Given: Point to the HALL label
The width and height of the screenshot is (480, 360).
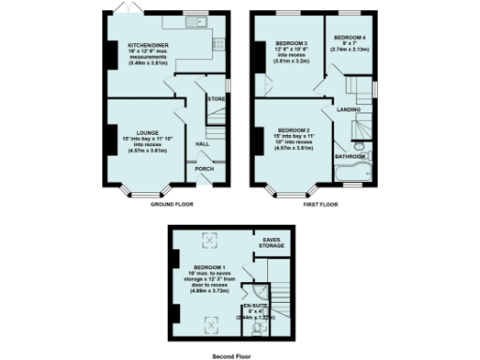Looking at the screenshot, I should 202,144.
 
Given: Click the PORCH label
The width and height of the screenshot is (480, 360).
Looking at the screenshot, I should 203,169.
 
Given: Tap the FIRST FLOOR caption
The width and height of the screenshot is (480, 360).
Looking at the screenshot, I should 321,203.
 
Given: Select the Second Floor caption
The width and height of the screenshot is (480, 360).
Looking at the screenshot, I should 232,355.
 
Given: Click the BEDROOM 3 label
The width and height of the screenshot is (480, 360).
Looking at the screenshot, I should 292,43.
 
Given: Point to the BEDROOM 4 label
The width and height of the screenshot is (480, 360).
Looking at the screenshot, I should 344,38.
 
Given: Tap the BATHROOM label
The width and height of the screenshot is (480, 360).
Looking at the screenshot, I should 351,157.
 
